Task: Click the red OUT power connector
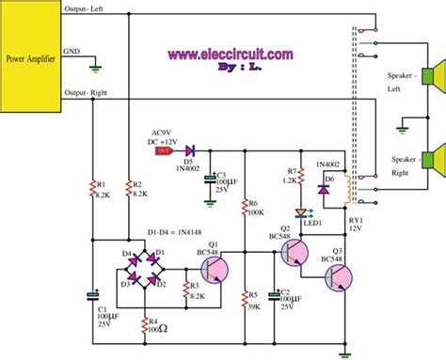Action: coord(163,149)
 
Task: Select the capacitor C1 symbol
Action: coord(93,296)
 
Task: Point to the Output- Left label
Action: coord(87,8)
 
